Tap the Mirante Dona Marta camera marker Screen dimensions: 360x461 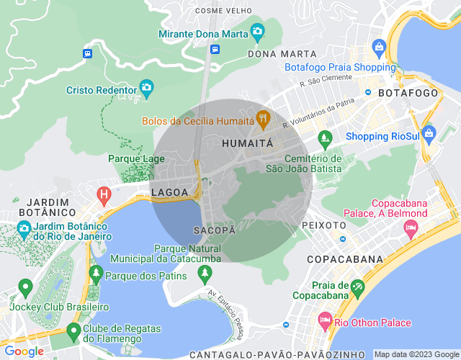click(257, 32)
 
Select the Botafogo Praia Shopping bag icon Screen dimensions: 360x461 click(379, 48)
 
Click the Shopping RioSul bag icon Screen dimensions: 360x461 click(429, 133)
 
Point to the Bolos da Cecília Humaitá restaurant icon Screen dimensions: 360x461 click(264, 117)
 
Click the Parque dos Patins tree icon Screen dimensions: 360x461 click(96, 274)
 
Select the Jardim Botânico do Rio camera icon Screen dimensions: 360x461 click(24, 229)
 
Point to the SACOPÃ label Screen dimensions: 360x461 click(215, 230)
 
